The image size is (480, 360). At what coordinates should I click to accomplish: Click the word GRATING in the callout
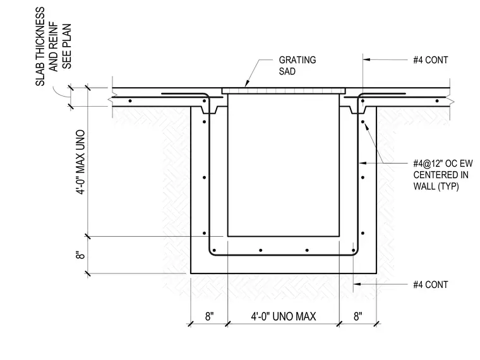[297, 60]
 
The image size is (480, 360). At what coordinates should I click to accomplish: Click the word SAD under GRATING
[287, 71]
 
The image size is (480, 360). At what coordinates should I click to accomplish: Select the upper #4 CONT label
[430, 60]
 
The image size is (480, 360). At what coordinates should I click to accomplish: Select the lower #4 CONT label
[430, 285]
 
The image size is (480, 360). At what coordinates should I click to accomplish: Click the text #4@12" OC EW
[443, 164]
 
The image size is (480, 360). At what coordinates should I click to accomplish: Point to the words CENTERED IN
[441, 175]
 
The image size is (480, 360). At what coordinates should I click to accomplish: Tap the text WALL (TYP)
[436, 186]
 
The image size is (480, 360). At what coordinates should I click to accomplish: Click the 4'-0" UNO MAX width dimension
[284, 316]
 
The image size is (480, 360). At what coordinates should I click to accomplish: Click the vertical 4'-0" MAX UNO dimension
[80, 162]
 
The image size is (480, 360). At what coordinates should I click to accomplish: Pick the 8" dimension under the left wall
[210, 316]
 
